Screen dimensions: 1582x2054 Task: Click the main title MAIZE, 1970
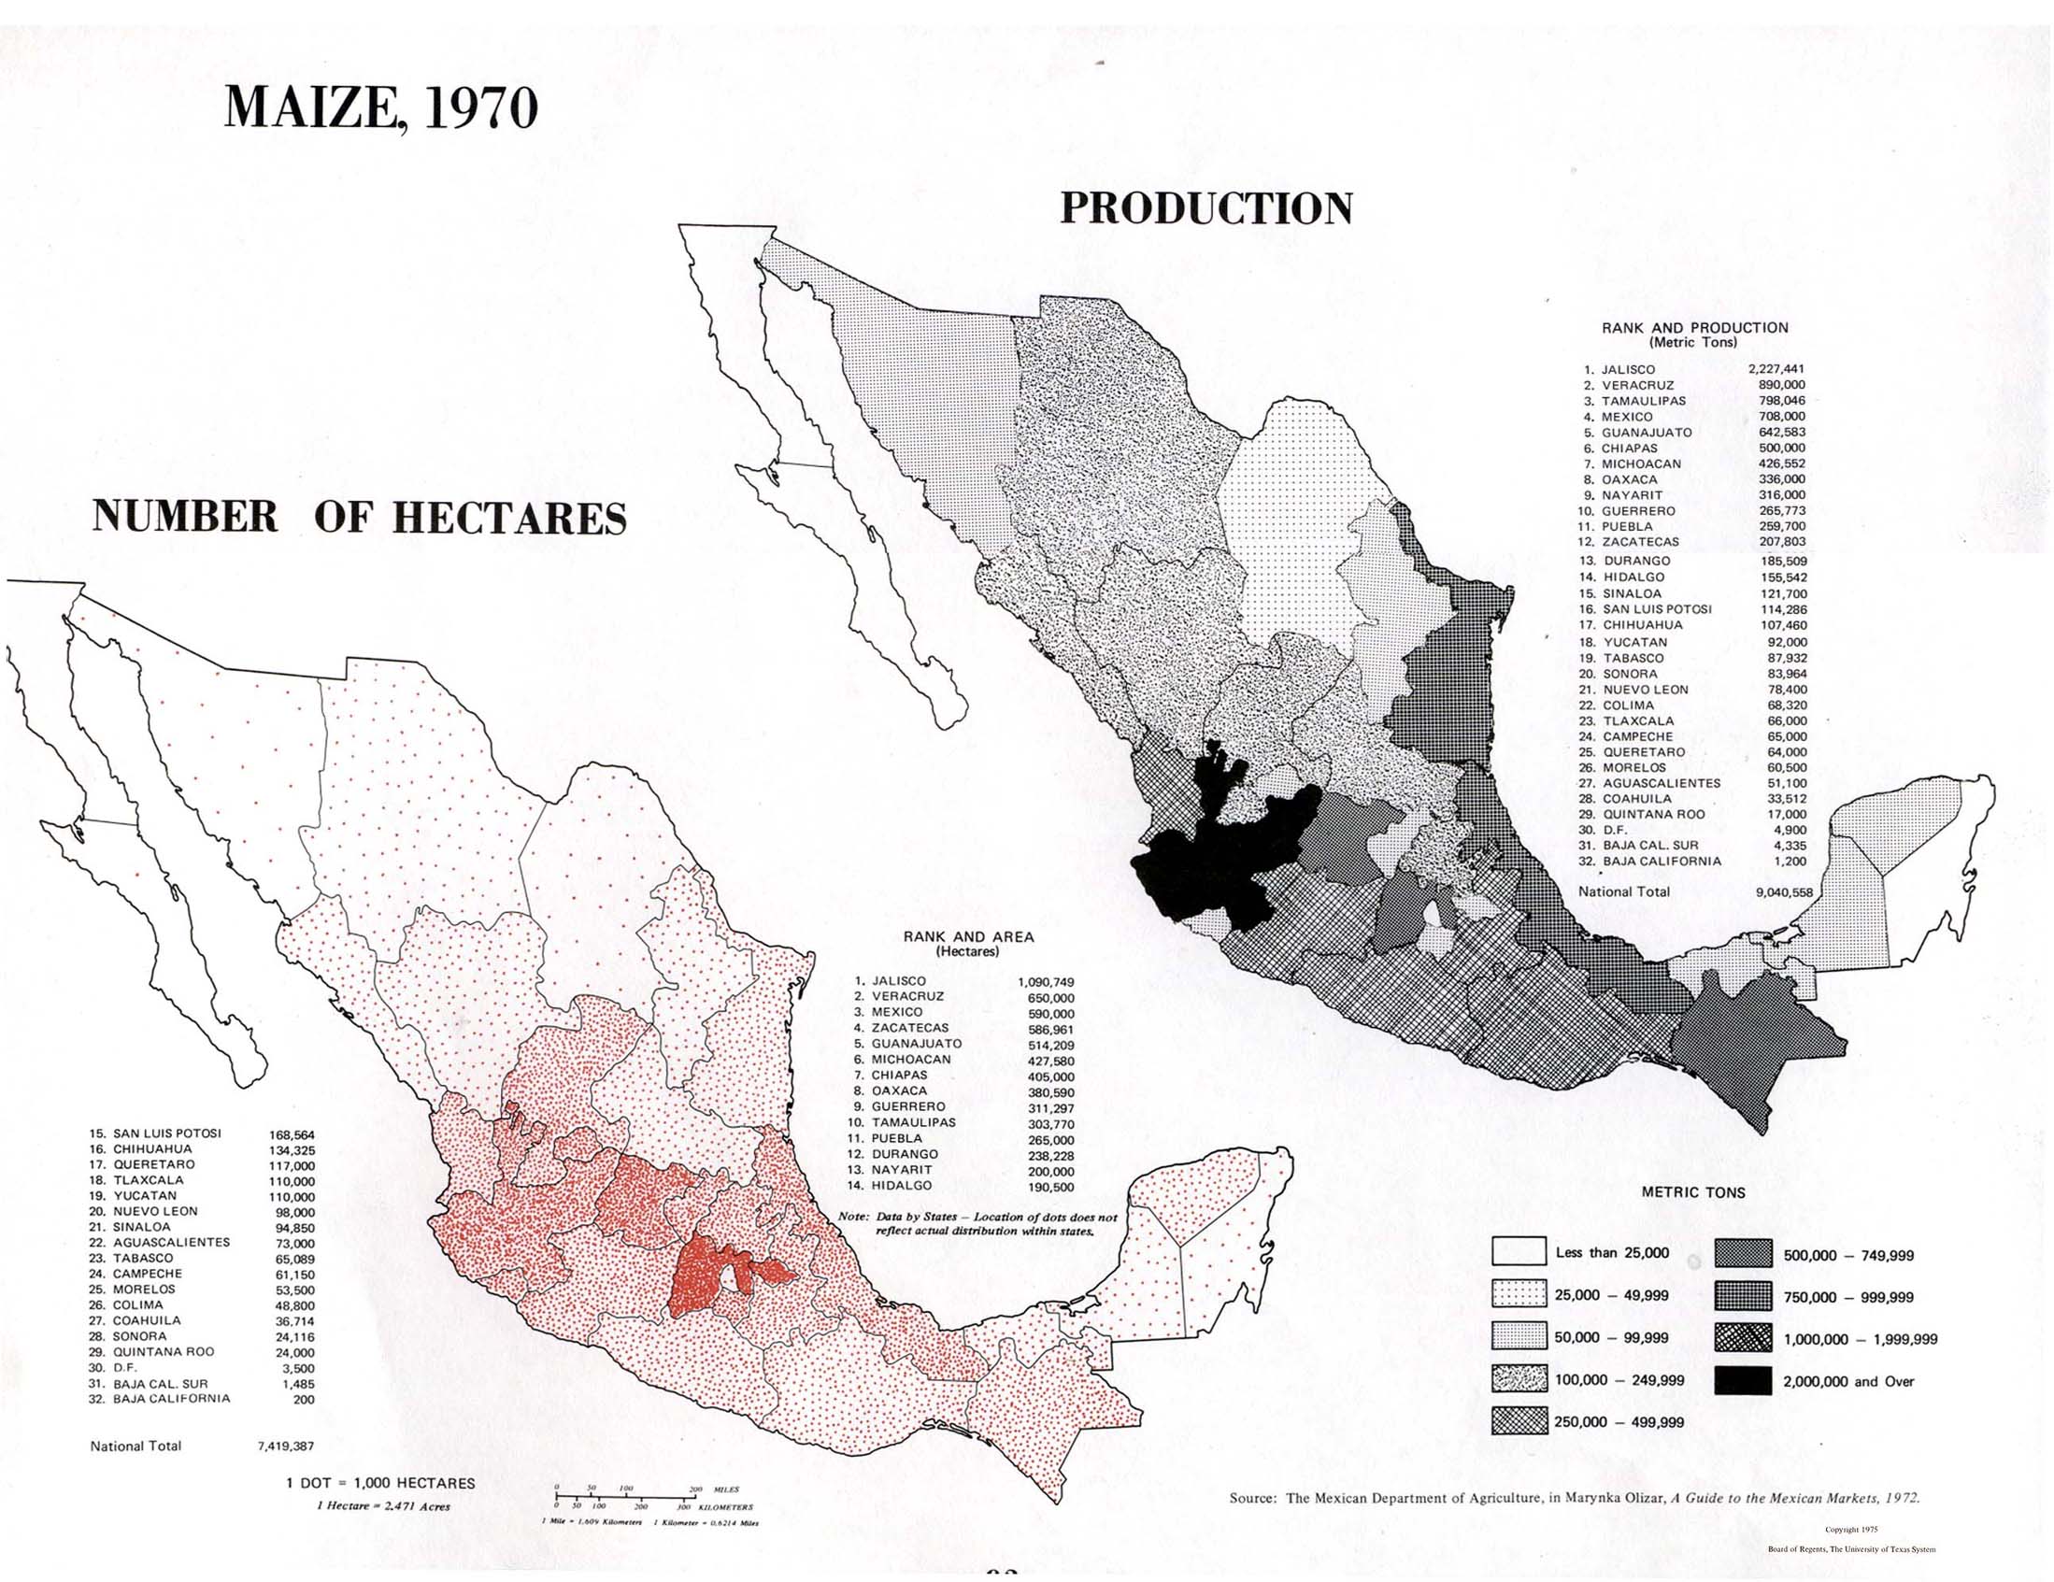[381, 108]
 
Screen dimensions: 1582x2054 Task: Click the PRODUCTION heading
[1205, 208]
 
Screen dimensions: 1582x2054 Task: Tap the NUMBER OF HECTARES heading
[359, 519]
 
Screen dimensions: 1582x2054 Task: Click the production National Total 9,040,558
[1783, 892]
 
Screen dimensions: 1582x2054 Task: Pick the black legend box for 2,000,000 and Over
[1743, 1382]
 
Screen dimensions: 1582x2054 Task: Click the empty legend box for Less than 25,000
[1519, 1252]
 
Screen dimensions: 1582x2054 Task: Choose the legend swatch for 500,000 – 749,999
[1743, 1255]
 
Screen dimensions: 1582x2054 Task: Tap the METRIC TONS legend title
[1693, 1192]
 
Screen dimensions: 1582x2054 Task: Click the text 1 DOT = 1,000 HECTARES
[380, 1483]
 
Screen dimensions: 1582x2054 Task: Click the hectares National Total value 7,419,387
[286, 1447]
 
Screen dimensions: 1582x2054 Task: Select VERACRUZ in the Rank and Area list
[907, 996]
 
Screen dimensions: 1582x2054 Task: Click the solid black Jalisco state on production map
[1213, 870]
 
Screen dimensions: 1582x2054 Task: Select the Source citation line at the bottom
[1574, 1498]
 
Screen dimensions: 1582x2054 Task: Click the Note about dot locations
[978, 1224]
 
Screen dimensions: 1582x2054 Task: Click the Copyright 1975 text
[1850, 1531]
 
